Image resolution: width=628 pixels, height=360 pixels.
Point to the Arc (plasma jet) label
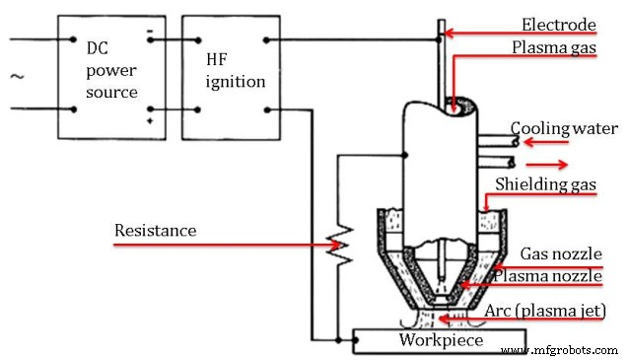tap(545, 311)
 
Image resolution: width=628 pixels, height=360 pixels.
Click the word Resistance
tap(155, 231)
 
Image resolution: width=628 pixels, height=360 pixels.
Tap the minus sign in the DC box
tap(150, 32)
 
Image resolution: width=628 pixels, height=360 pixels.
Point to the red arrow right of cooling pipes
tap(550, 164)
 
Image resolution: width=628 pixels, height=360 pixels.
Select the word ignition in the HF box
tap(231, 81)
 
